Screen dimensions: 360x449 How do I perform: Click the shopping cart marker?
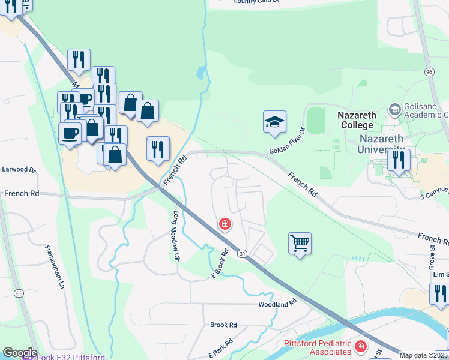(x=300, y=244)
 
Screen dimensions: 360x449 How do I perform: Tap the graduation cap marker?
(x=274, y=122)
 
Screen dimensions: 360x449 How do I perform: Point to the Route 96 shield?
(x=429, y=72)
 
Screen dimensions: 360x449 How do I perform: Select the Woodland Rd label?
(x=278, y=304)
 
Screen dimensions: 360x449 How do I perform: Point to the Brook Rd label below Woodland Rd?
(x=223, y=325)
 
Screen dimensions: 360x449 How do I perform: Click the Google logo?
(x=19, y=353)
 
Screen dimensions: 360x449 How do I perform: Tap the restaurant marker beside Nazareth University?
(x=399, y=160)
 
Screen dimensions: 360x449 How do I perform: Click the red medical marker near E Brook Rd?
(x=225, y=225)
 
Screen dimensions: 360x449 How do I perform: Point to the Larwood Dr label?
(x=19, y=170)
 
